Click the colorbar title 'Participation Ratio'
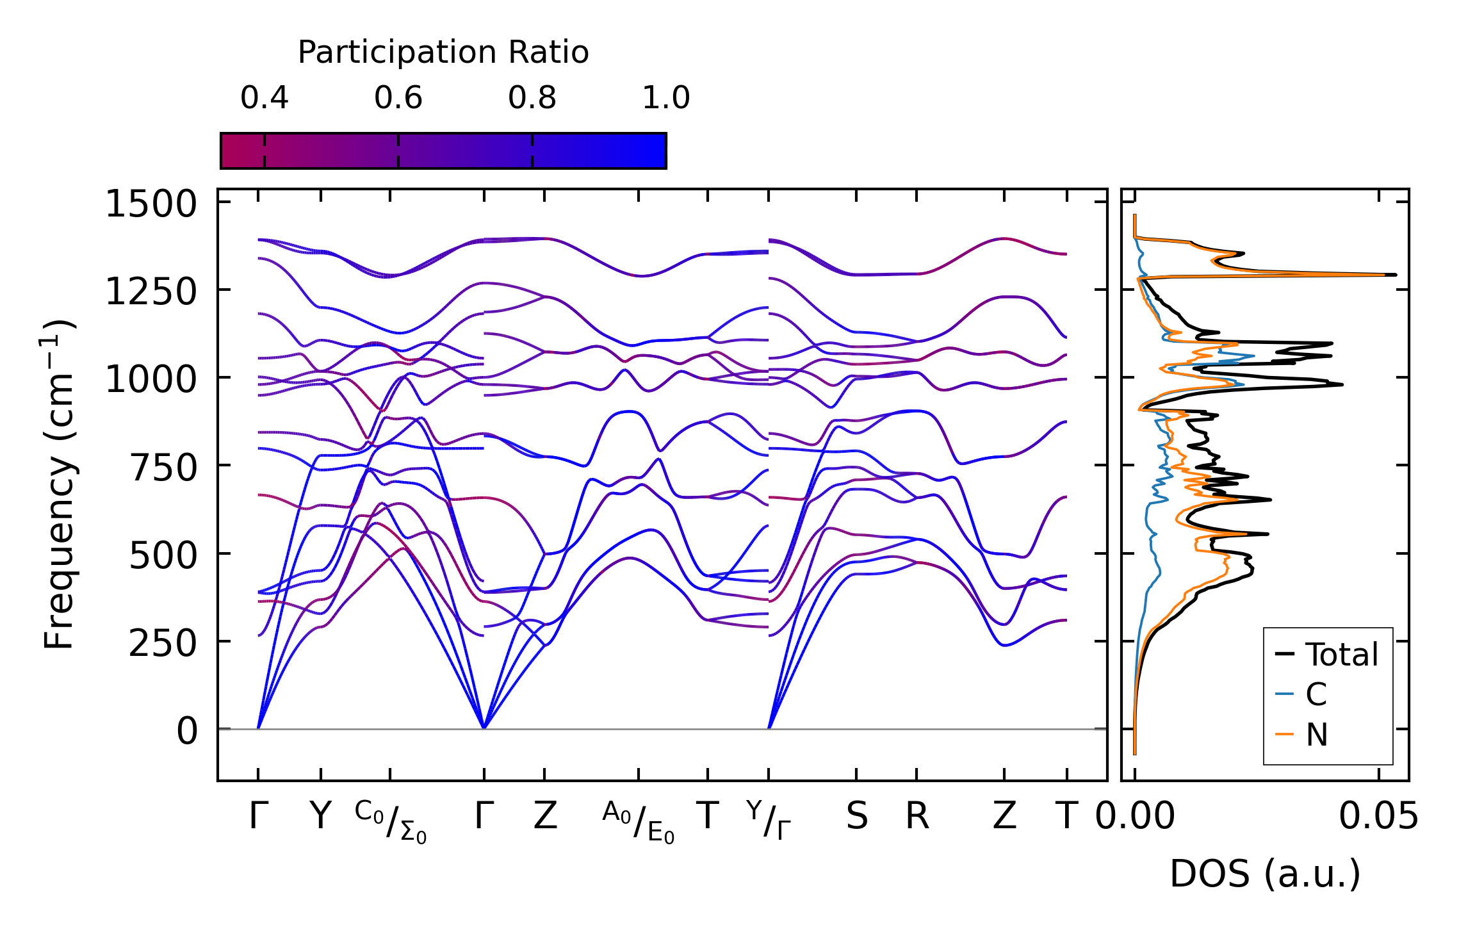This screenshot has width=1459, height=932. click(x=443, y=53)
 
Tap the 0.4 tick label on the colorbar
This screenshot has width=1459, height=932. click(x=264, y=98)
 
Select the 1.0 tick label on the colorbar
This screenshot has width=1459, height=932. click(x=665, y=98)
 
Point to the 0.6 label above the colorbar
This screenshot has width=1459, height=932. click(x=398, y=98)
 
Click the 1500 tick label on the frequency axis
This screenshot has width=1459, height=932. click(x=151, y=205)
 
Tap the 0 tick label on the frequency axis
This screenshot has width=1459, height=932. click(x=187, y=731)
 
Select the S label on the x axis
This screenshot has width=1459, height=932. click(x=856, y=817)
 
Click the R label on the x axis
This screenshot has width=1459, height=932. click(x=917, y=817)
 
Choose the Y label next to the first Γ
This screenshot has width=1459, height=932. click(x=320, y=817)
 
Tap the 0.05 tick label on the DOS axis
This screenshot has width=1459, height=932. click(x=1378, y=817)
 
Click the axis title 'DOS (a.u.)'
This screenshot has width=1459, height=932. click(x=1265, y=874)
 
